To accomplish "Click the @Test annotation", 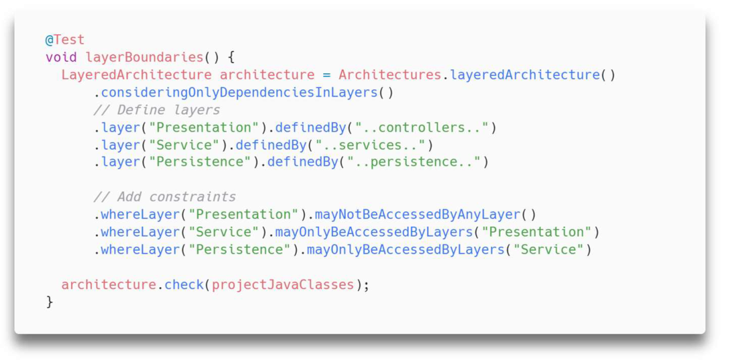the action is click(65, 40).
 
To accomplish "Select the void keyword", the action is click(61, 57).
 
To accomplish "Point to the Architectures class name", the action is click(390, 75).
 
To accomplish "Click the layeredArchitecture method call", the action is click(524, 75).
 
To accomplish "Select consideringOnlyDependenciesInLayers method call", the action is click(239, 93).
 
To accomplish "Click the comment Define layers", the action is click(156, 110).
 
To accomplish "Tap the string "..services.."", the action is click(371, 145).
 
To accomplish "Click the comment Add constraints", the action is click(165, 197).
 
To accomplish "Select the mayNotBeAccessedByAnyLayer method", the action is click(418, 214).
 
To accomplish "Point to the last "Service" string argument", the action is click(548, 249).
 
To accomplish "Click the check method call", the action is click(184, 284).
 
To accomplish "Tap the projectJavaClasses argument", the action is click(283, 284).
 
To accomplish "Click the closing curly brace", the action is click(49, 302).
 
